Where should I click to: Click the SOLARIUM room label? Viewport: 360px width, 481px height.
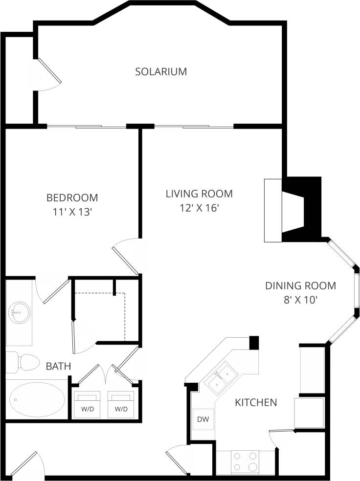(x=161, y=71)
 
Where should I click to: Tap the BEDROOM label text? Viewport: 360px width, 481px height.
(x=72, y=197)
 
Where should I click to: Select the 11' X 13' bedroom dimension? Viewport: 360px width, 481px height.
(x=72, y=212)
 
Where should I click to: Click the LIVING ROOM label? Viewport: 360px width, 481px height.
(x=199, y=194)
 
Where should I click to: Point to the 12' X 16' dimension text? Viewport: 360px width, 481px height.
(x=199, y=208)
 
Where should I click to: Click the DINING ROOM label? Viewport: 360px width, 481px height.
(x=300, y=285)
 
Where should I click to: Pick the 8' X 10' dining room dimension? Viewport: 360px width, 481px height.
(x=300, y=300)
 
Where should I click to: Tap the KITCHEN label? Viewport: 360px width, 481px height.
(x=256, y=402)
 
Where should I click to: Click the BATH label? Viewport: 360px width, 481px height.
(x=58, y=366)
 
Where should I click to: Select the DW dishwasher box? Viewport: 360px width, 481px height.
(x=203, y=419)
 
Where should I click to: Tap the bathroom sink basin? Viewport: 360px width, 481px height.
(x=19, y=312)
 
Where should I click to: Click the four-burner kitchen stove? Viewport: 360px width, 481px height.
(x=245, y=461)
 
